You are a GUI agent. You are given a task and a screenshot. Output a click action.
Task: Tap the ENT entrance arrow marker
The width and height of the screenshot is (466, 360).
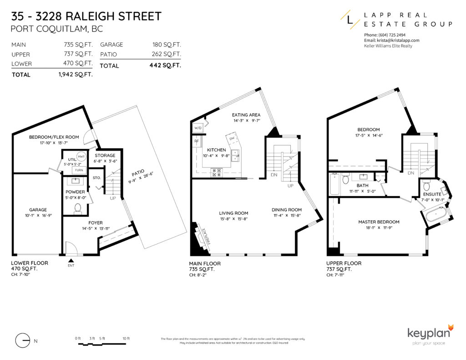[x=71, y=261]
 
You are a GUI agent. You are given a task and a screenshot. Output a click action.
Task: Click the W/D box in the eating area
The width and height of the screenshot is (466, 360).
[x=198, y=128]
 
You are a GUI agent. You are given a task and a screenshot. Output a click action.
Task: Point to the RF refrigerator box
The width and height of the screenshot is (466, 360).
[x=197, y=141]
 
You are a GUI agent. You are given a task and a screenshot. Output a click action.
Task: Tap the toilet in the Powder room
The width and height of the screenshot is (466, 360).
[x=77, y=208]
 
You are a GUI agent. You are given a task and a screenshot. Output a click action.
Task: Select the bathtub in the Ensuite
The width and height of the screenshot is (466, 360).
[x=436, y=213]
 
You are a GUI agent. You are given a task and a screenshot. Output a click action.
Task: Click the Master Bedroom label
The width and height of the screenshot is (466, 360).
[x=379, y=222]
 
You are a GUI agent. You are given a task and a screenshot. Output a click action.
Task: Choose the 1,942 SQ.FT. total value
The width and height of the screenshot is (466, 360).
[x=76, y=75]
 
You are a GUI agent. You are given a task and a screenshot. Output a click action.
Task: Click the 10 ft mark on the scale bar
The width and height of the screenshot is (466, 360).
[x=126, y=338]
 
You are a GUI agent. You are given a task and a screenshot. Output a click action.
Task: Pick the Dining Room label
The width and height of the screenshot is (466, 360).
[x=287, y=210]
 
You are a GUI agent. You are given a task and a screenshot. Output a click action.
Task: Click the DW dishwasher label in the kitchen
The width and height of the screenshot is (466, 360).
[x=232, y=138]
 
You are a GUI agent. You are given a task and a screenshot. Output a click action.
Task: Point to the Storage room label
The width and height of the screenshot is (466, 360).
[x=105, y=156]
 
